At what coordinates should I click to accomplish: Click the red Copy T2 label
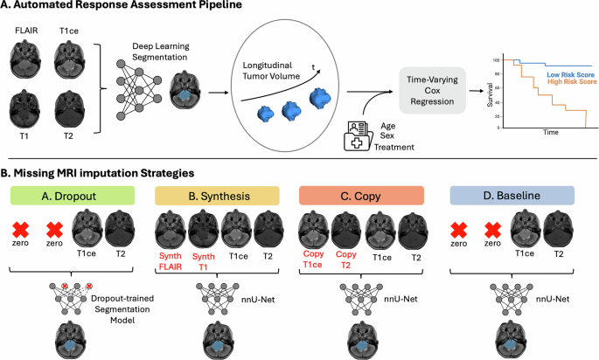(344, 260)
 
